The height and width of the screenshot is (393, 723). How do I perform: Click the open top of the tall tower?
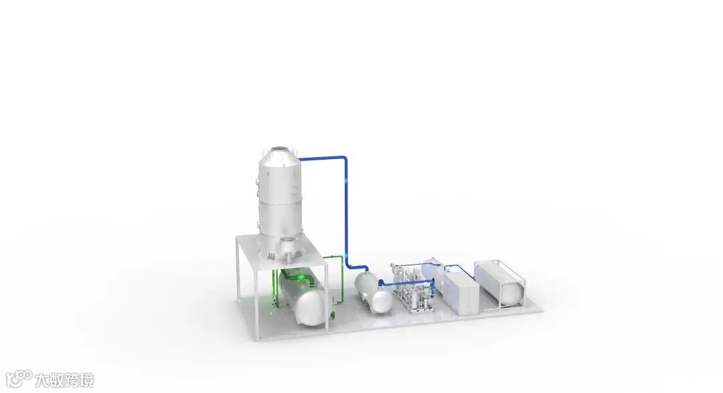(279, 150)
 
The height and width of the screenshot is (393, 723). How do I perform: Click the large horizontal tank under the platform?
(301, 296)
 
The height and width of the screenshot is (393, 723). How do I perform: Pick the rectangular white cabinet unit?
(461, 291)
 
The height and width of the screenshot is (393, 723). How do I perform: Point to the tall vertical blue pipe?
(345, 212)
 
